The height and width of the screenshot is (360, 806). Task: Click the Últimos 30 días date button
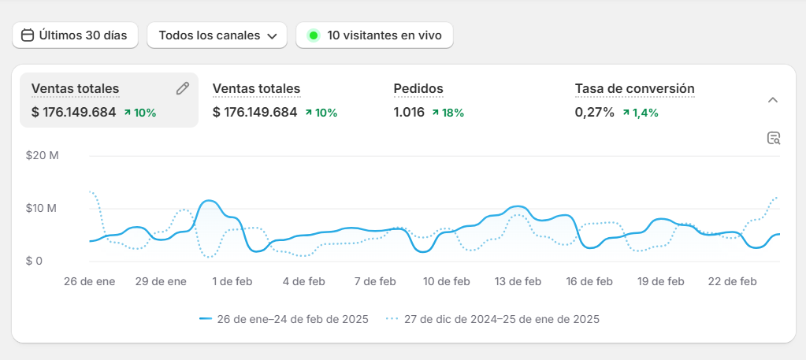75,35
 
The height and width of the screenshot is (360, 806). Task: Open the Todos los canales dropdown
217,35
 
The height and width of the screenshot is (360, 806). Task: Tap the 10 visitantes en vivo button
374,35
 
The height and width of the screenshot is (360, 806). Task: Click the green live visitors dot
314,35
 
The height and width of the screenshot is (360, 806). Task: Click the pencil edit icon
183,88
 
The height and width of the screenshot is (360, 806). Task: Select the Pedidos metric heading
418,88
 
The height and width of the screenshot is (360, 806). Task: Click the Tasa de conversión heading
634,88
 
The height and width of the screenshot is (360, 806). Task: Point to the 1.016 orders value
409,112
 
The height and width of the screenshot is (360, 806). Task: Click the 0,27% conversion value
594,112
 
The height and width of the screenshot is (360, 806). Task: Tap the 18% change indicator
448,113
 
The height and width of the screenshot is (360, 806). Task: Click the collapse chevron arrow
773,100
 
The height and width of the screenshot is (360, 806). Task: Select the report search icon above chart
774,139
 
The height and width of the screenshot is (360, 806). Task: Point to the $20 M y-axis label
43,155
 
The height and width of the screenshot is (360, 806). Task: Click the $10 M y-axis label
43,208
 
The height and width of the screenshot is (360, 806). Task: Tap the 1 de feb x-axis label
232,281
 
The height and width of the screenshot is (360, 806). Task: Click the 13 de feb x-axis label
518,281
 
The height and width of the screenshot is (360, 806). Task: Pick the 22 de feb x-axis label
733,281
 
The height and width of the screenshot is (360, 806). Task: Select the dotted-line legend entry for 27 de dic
493,319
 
